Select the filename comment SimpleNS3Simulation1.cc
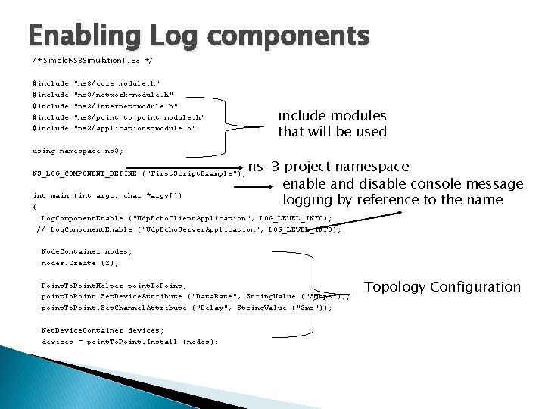coord(92,59)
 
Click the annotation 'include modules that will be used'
coord(332,124)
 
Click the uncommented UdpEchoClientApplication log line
coord(185,218)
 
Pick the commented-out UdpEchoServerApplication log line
coord(188,229)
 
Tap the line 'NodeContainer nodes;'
coord(86,251)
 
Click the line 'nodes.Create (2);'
coord(80,263)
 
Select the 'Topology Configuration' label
coord(443,287)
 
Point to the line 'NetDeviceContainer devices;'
coord(102,330)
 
